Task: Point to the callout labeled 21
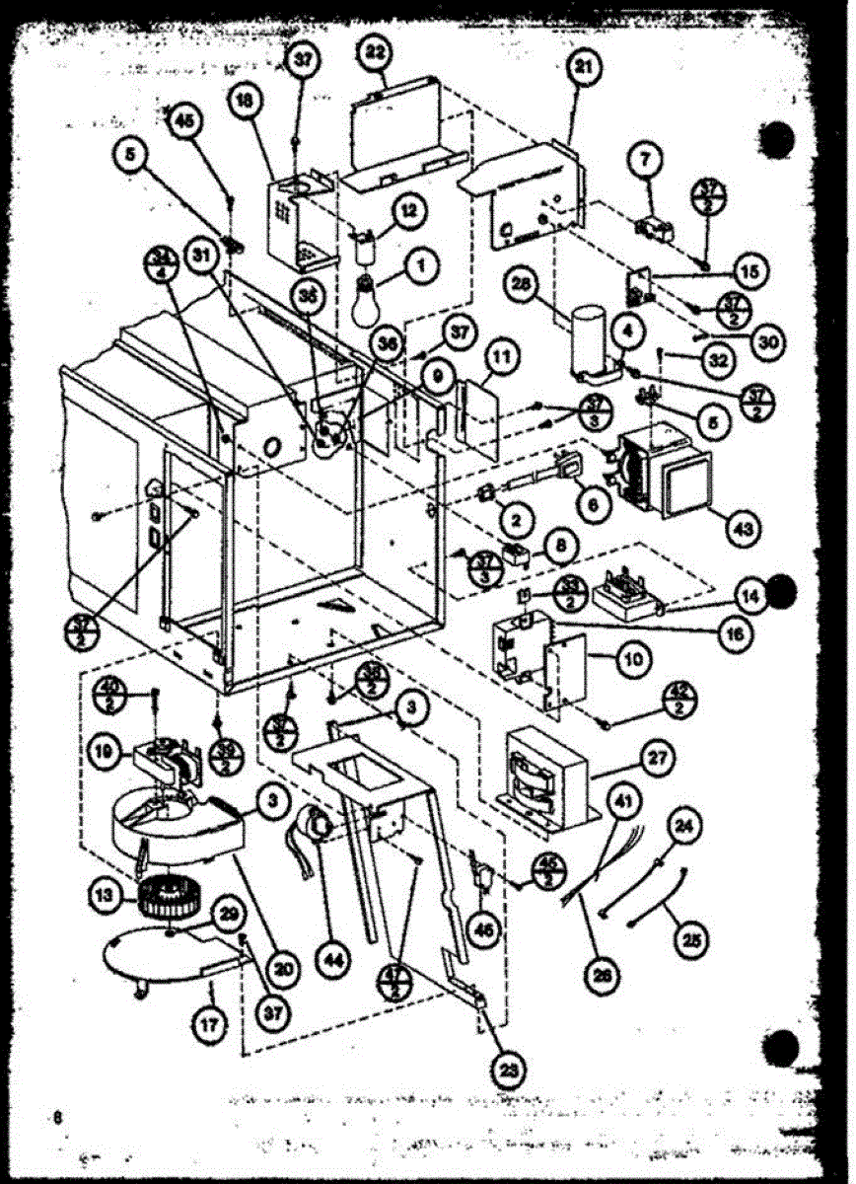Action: [585, 67]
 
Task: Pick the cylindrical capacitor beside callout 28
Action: [591, 340]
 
